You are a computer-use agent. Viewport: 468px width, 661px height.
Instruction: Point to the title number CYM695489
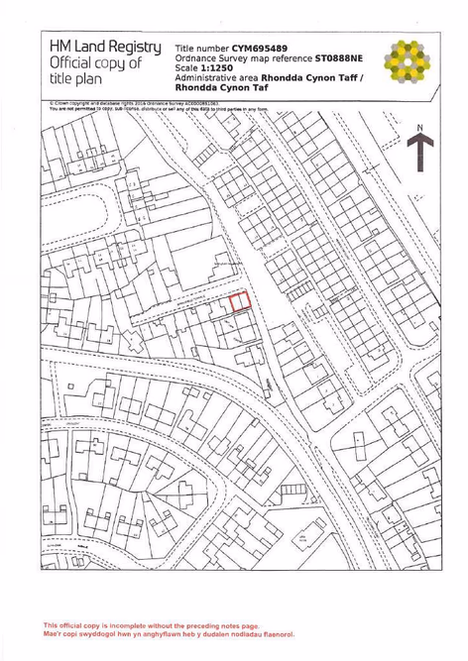(x=260, y=48)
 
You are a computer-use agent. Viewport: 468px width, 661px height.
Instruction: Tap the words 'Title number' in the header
(x=201, y=48)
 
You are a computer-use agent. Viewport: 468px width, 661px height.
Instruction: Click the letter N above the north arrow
(x=420, y=128)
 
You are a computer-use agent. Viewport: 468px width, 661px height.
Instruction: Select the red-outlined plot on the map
(x=240, y=302)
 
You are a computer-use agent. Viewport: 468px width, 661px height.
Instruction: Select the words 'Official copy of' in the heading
(x=95, y=64)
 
